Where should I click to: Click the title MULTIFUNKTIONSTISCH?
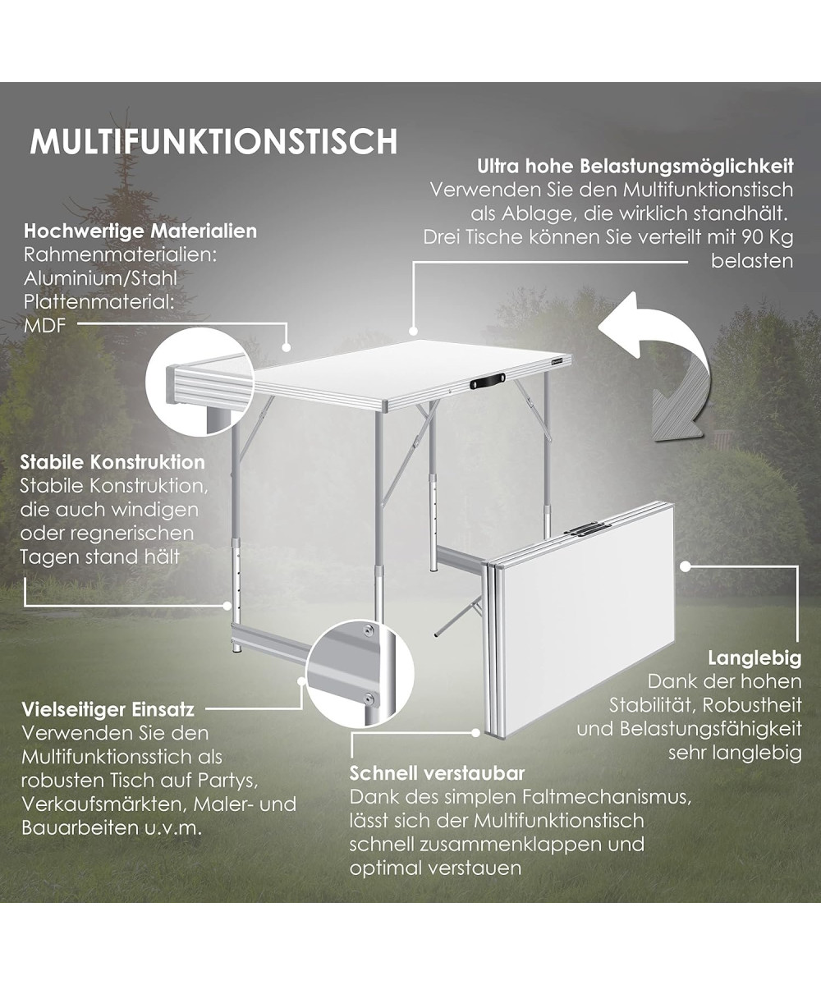pyautogui.click(x=213, y=141)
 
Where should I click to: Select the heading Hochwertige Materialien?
pyautogui.click(x=140, y=231)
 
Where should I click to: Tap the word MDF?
pyautogui.click(x=45, y=326)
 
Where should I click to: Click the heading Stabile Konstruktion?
pyautogui.click(x=112, y=462)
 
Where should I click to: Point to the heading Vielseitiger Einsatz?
pyautogui.click(x=108, y=709)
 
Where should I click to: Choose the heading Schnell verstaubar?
pyautogui.click(x=437, y=773)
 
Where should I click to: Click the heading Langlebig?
pyautogui.click(x=754, y=658)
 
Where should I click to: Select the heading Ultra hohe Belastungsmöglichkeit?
pyautogui.click(x=635, y=166)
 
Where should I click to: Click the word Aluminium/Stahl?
pyautogui.click(x=100, y=278)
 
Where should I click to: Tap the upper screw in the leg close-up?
pyautogui.click(x=369, y=629)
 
